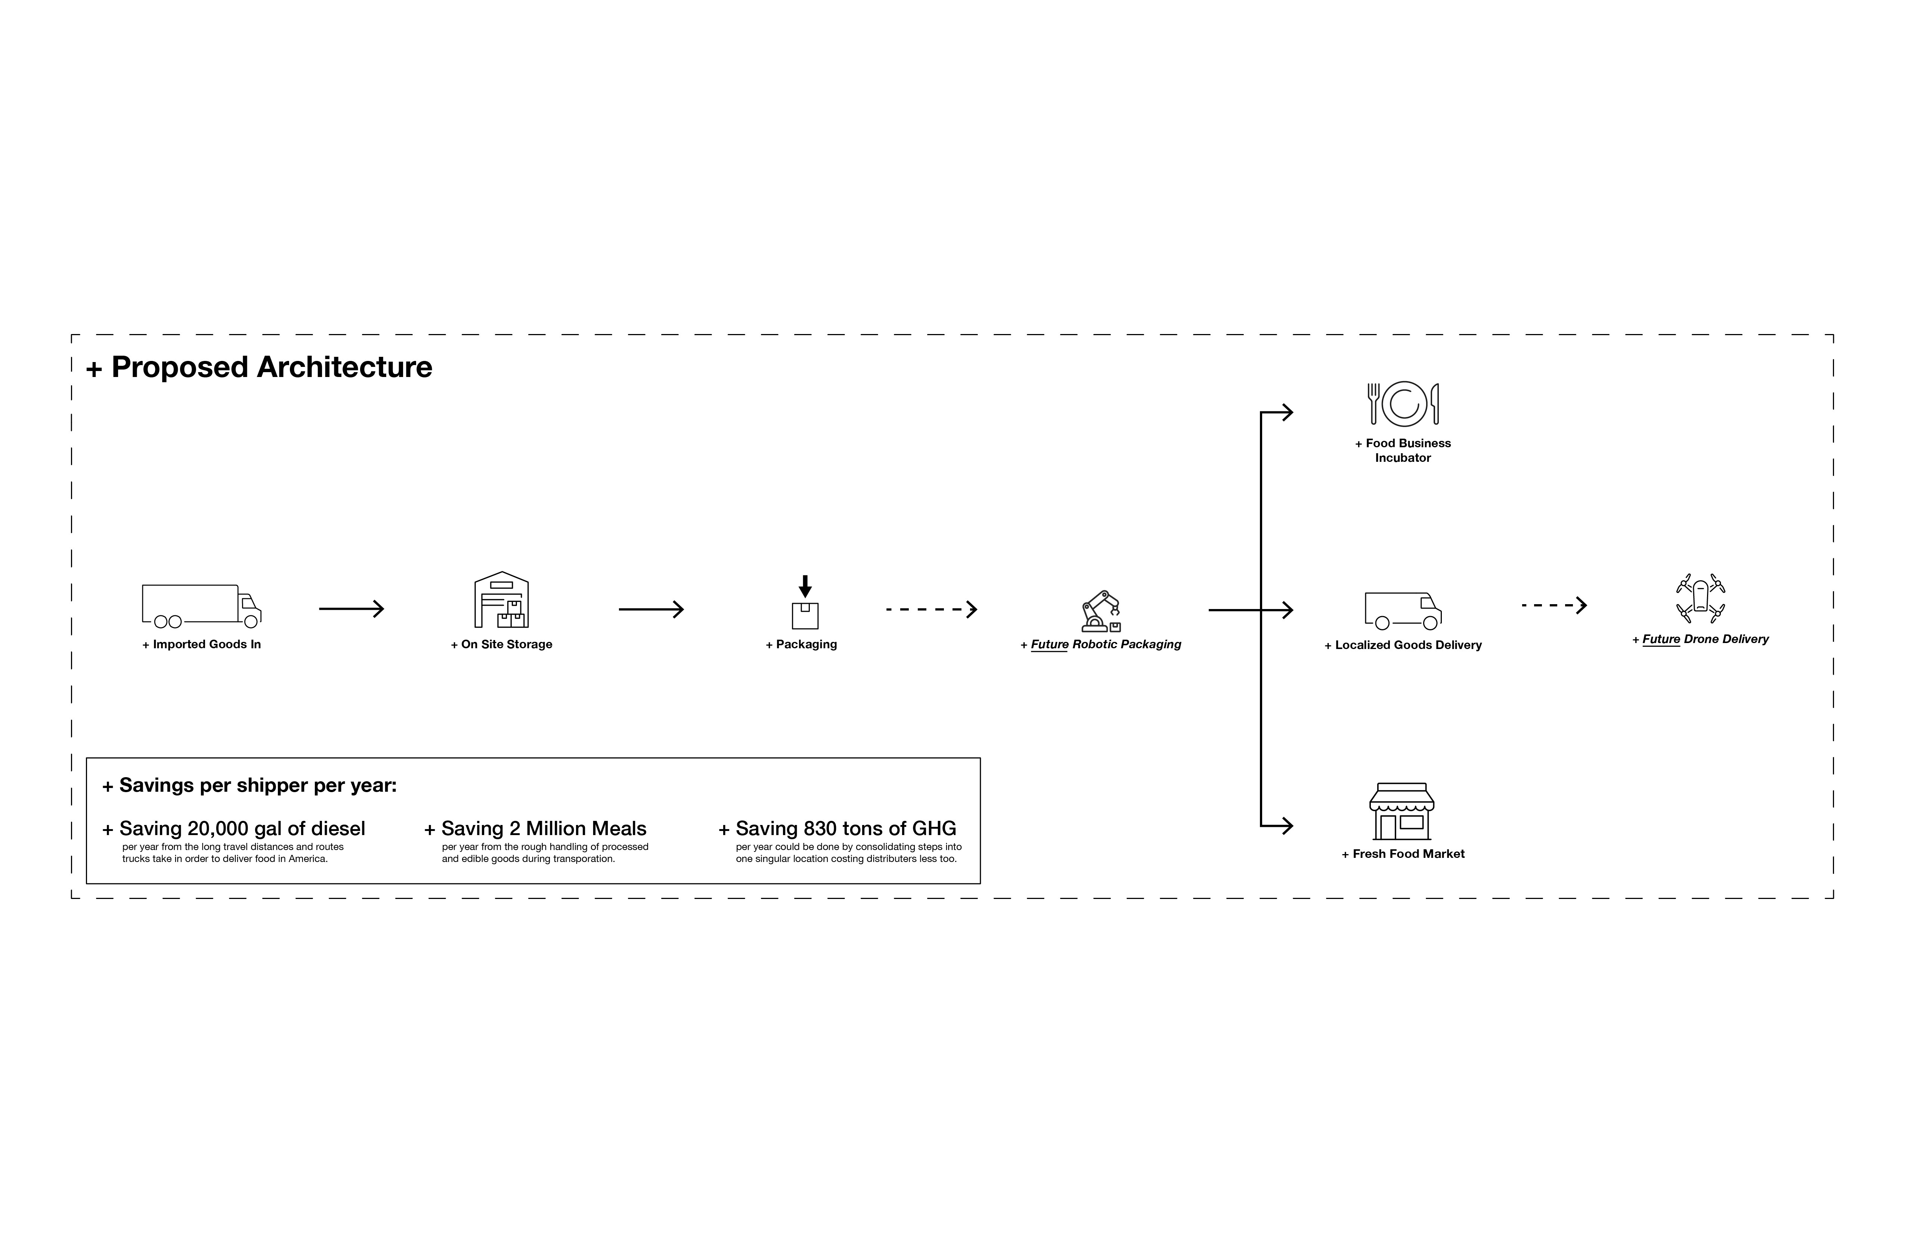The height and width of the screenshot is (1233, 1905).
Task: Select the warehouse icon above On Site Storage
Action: [x=502, y=600]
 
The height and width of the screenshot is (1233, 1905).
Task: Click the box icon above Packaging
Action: [x=805, y=602]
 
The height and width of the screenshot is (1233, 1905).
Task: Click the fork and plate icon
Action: [x=1403, y=404]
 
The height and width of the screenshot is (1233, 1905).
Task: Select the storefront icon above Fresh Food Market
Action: [x=1401, y=811]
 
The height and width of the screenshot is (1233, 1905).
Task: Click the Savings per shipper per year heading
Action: [x=250, y=785]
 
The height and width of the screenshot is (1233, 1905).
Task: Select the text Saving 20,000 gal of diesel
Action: [x=234, y=829]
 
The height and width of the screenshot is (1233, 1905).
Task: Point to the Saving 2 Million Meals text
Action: [x=536, y=829]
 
